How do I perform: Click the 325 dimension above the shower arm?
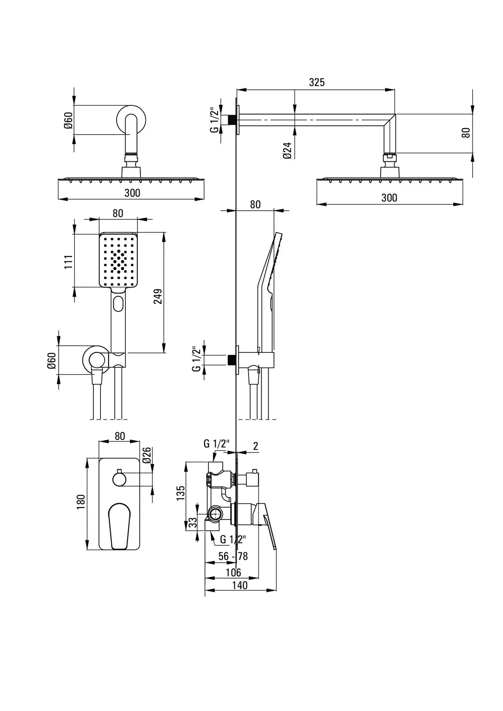tap(316, 82)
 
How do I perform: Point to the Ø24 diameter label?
tap(287, 151)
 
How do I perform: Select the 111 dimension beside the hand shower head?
tap(68, 262)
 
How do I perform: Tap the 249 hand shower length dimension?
tap(158, 296)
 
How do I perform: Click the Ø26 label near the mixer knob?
tap(147, 455)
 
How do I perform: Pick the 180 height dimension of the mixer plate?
tap(81, 502)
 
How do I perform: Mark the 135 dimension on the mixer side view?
tap(181, 493)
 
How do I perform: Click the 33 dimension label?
tap(193, 523)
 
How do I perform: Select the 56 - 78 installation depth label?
tap(233, 556)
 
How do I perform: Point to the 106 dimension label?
tap(233, 572)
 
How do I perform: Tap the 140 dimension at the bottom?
tap(240, 585)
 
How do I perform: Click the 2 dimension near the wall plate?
tap(256, 446)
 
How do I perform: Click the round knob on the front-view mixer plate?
tap(119, 479)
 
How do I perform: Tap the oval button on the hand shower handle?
tap(118, 304)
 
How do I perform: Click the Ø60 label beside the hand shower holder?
tap(52, 360)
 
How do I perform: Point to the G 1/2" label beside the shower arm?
tap(214, 120)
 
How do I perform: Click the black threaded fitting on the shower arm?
tap(232, 120)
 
